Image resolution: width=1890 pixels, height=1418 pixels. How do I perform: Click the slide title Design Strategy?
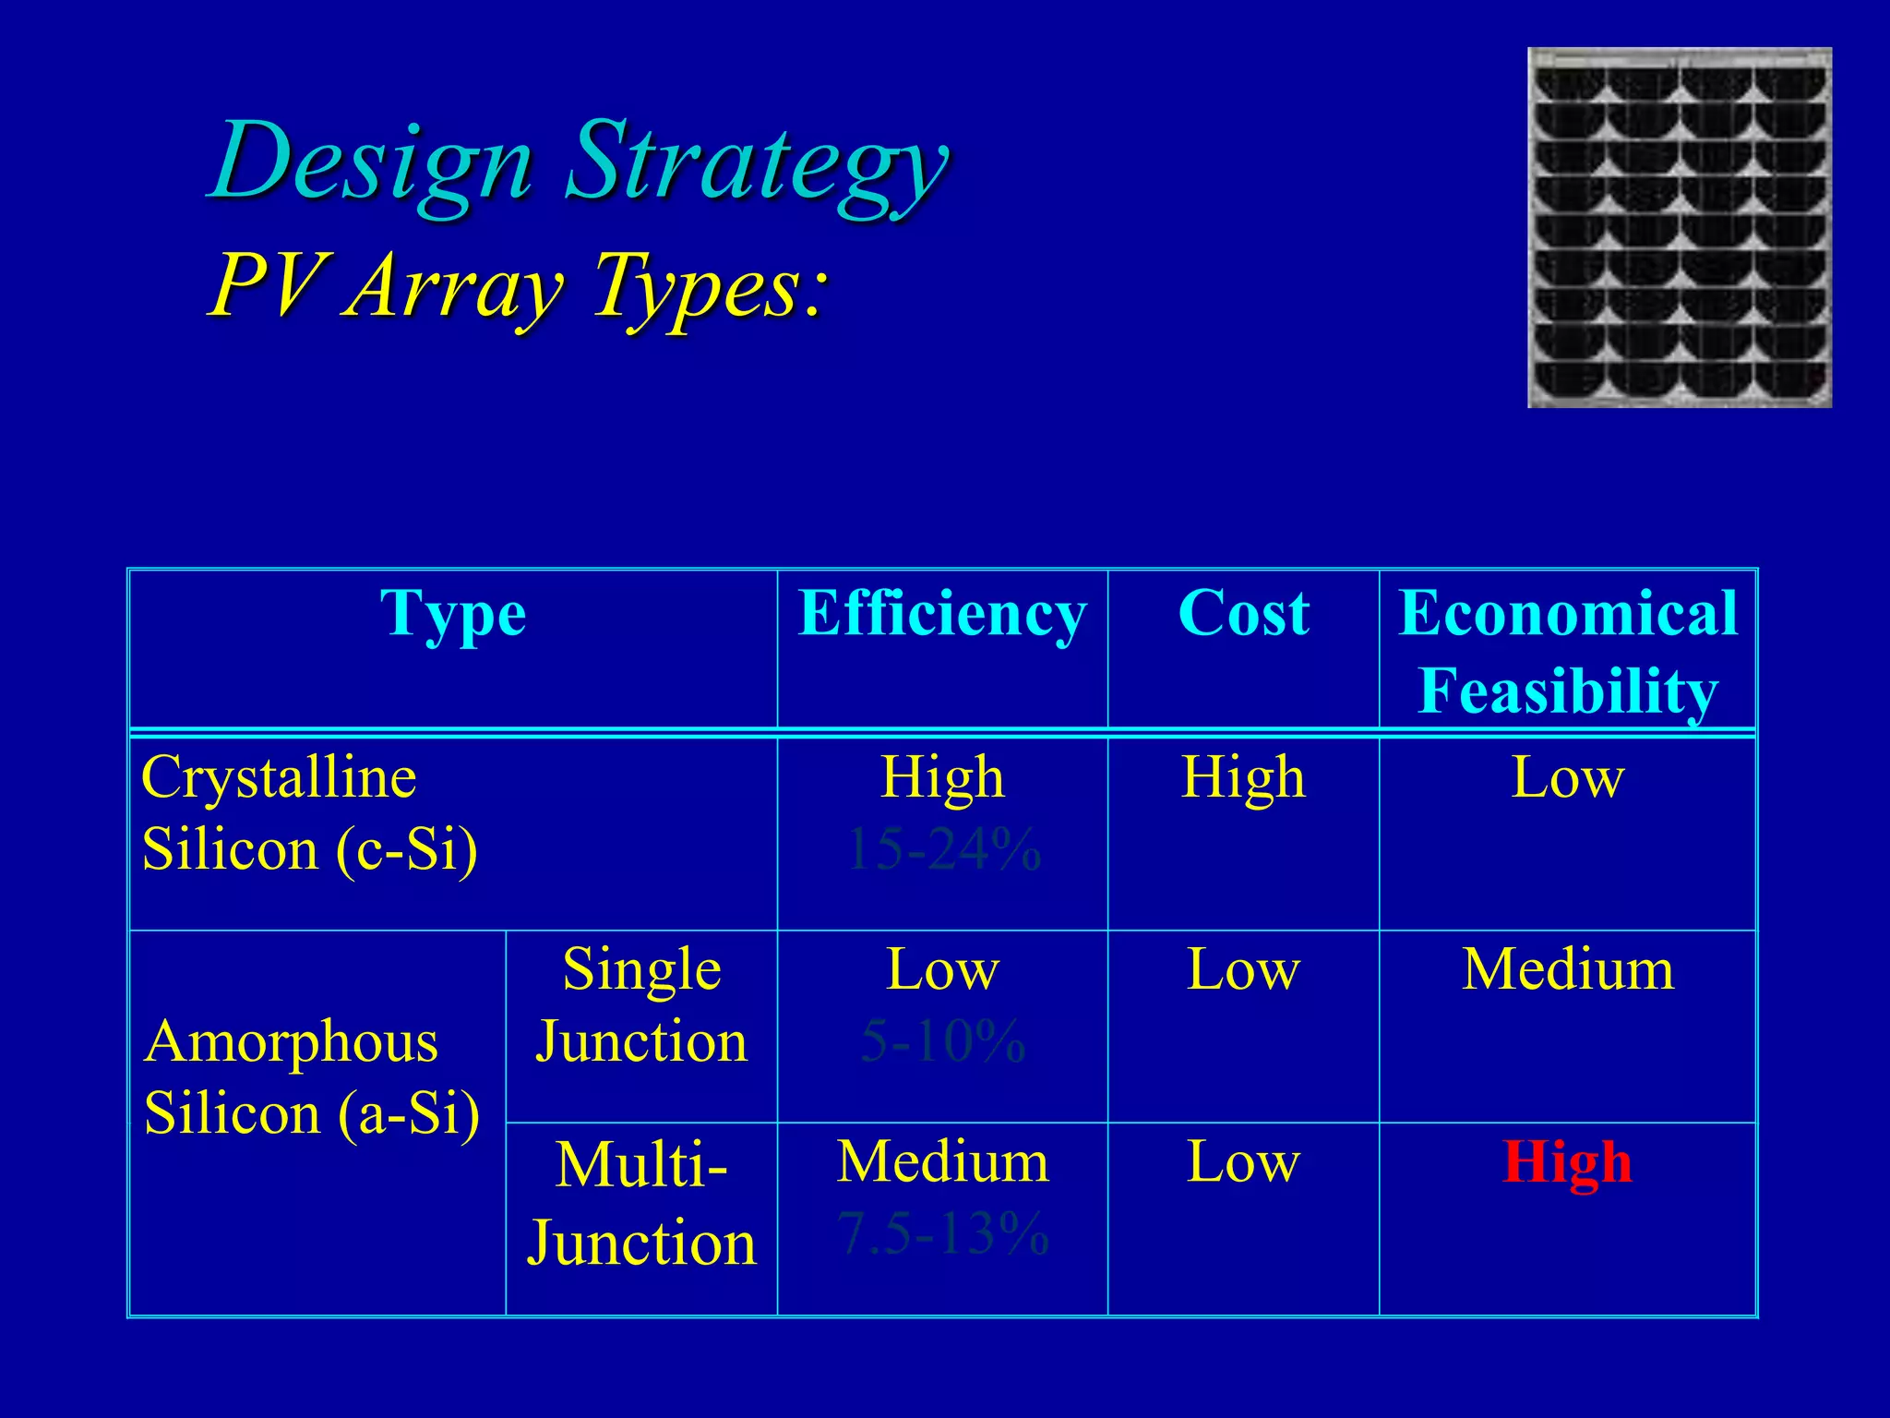[580, 164]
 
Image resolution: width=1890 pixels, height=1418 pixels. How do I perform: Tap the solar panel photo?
[1680, 227]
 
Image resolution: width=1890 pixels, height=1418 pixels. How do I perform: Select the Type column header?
[453, 614]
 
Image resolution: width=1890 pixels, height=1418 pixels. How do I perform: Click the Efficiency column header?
[942, 614]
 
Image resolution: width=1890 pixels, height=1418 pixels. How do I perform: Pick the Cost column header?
[1243, 614]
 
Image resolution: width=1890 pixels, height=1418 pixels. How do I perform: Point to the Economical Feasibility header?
[1568, 652]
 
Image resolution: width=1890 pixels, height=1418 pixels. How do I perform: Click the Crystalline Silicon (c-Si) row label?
[309, 812]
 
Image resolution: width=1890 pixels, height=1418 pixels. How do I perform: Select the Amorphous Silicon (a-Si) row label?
[312, 1077]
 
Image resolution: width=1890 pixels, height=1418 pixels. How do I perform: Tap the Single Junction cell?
[641, 1005]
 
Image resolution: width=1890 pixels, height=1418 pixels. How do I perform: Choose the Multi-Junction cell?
[641, 1203]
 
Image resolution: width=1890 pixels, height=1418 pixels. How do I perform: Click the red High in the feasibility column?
[1567, 1162]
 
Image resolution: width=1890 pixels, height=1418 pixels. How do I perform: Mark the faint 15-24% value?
[943, 849]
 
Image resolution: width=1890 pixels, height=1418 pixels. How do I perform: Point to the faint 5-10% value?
[943, 1041]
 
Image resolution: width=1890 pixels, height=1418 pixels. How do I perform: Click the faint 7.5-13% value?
[943, 1233]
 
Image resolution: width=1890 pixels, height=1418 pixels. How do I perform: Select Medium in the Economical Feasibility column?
[1567, 970]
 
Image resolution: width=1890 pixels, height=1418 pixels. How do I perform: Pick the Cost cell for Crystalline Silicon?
[1243, 778]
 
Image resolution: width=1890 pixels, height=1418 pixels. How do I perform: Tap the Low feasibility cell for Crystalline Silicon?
[1567, 778]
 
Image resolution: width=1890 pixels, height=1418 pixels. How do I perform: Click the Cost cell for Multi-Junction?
[1243, 1162]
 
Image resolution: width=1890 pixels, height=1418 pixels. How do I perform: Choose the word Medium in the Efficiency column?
[943, 1162]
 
